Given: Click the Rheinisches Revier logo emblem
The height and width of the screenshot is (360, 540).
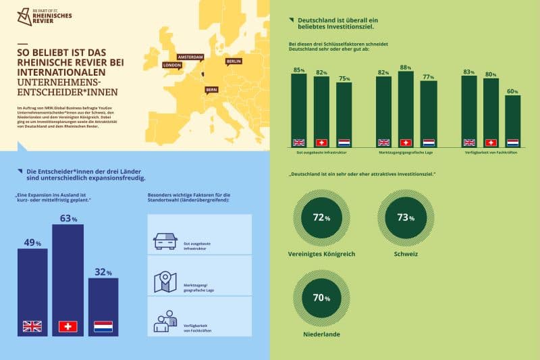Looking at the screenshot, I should click(24, 18).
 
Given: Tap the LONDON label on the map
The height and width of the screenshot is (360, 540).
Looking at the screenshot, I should click(172, 66).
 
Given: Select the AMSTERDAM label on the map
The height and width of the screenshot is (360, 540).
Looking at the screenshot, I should click(190, 57).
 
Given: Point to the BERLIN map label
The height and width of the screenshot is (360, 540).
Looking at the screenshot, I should click(234, 61).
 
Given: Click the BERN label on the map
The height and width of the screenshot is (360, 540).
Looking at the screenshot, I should click(211, 89).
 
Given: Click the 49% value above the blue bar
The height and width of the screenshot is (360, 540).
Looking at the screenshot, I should click(32, 242).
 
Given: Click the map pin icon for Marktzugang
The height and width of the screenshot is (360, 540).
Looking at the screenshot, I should click(165, 282).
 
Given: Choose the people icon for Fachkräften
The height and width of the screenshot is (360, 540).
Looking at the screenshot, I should click(165, 322).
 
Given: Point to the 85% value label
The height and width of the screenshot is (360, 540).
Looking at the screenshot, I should click(298, 70).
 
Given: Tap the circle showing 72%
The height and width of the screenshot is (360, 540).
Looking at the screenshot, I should click(321, 217).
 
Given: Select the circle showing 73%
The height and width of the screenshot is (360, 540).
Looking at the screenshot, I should click(406, 217).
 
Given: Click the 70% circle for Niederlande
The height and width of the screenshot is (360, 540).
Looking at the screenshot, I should click(321, 297).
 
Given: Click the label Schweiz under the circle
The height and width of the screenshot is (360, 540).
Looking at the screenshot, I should click(406, 255).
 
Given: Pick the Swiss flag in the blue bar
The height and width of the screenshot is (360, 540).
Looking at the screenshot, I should click(67, 326).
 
